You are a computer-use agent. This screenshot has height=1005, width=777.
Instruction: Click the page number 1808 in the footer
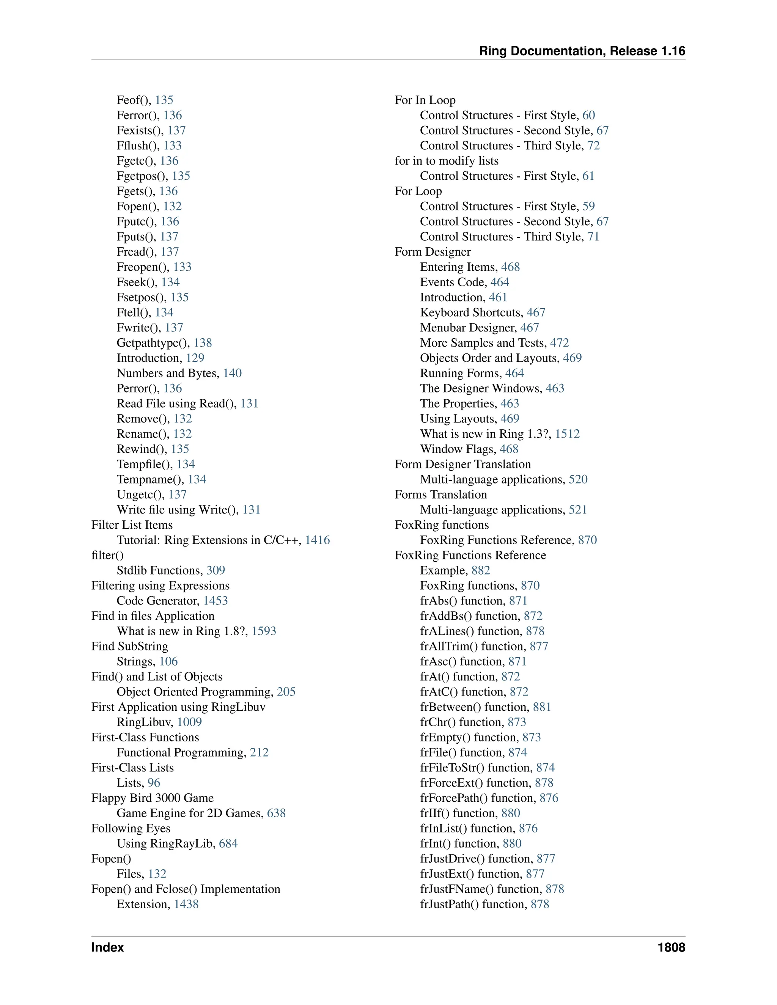click(x=671, y=947)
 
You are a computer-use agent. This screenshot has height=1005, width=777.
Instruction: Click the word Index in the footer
click(x=108, y=947)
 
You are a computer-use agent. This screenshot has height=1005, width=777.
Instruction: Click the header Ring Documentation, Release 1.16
click(x=582, y=51)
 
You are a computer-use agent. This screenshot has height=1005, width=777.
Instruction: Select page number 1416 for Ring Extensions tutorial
click(x=317, y=540)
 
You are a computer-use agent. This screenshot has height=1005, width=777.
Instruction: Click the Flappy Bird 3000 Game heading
click(x=153, y=798)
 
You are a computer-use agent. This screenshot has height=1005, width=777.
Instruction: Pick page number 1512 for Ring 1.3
click(x=567, y=434)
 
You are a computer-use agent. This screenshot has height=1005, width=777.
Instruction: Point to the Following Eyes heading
click(x=131, y=828)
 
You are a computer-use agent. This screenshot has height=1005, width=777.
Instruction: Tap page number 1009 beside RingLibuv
click(x=189, y=722)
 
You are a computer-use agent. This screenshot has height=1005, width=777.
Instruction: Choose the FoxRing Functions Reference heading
click(x=470, y=556)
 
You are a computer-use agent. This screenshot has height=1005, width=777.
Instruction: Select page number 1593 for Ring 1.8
click(x=264, y=631)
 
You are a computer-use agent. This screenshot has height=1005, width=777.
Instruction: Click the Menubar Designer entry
click(x=468, y=328)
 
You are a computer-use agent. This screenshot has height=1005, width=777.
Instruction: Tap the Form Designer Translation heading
click(x=462, y=464)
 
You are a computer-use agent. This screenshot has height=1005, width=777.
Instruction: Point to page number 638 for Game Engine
click(x=276, y=813)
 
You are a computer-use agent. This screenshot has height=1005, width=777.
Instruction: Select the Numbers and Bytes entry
click(x=168, y=373)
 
